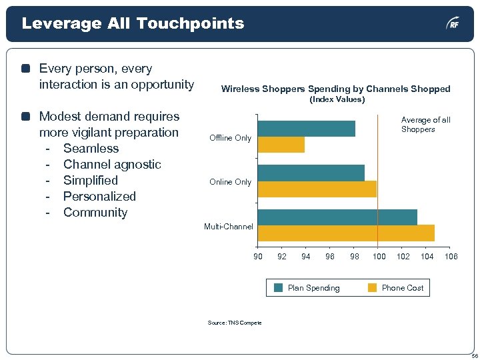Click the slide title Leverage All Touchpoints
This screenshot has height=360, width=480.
pos(133,23)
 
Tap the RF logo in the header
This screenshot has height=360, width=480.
pos(453,24)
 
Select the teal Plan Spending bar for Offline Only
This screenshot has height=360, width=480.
pos(307,128)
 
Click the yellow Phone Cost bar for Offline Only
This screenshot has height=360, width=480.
pos(281,145)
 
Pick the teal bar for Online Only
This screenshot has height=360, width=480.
pos(311,173)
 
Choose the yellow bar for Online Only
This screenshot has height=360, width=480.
pos(317,189)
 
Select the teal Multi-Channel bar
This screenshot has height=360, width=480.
pos(337,217)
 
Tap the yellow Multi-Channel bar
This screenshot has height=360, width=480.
pos(346,233)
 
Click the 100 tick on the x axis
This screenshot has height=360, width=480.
pos(379,257)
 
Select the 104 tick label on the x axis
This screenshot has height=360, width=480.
pos(427,257)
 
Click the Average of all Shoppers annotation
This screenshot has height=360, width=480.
pos(425,125)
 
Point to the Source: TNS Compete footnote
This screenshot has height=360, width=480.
pos(234,323)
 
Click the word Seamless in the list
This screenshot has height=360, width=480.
pos(91,149)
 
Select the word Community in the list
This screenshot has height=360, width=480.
pos(95,213)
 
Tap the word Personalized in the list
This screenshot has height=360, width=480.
pos(99,197)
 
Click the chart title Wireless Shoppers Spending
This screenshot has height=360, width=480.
pos(335,89)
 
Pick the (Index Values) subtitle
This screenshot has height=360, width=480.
pos(337,99)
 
